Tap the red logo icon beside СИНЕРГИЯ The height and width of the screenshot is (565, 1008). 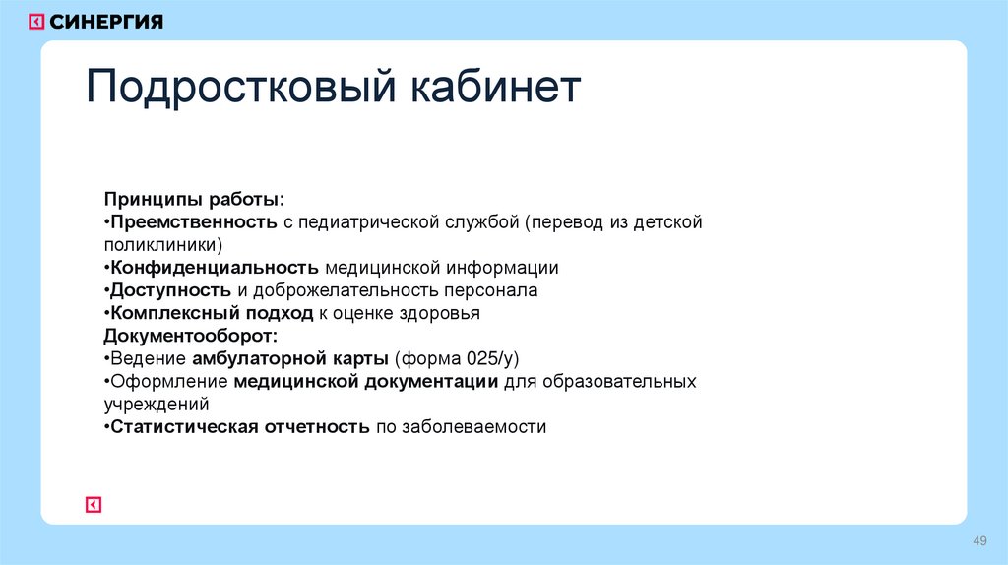36,22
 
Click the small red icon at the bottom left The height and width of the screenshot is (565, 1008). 94,505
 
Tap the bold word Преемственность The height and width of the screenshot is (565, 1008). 194,222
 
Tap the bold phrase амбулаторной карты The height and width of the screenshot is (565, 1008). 292,358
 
